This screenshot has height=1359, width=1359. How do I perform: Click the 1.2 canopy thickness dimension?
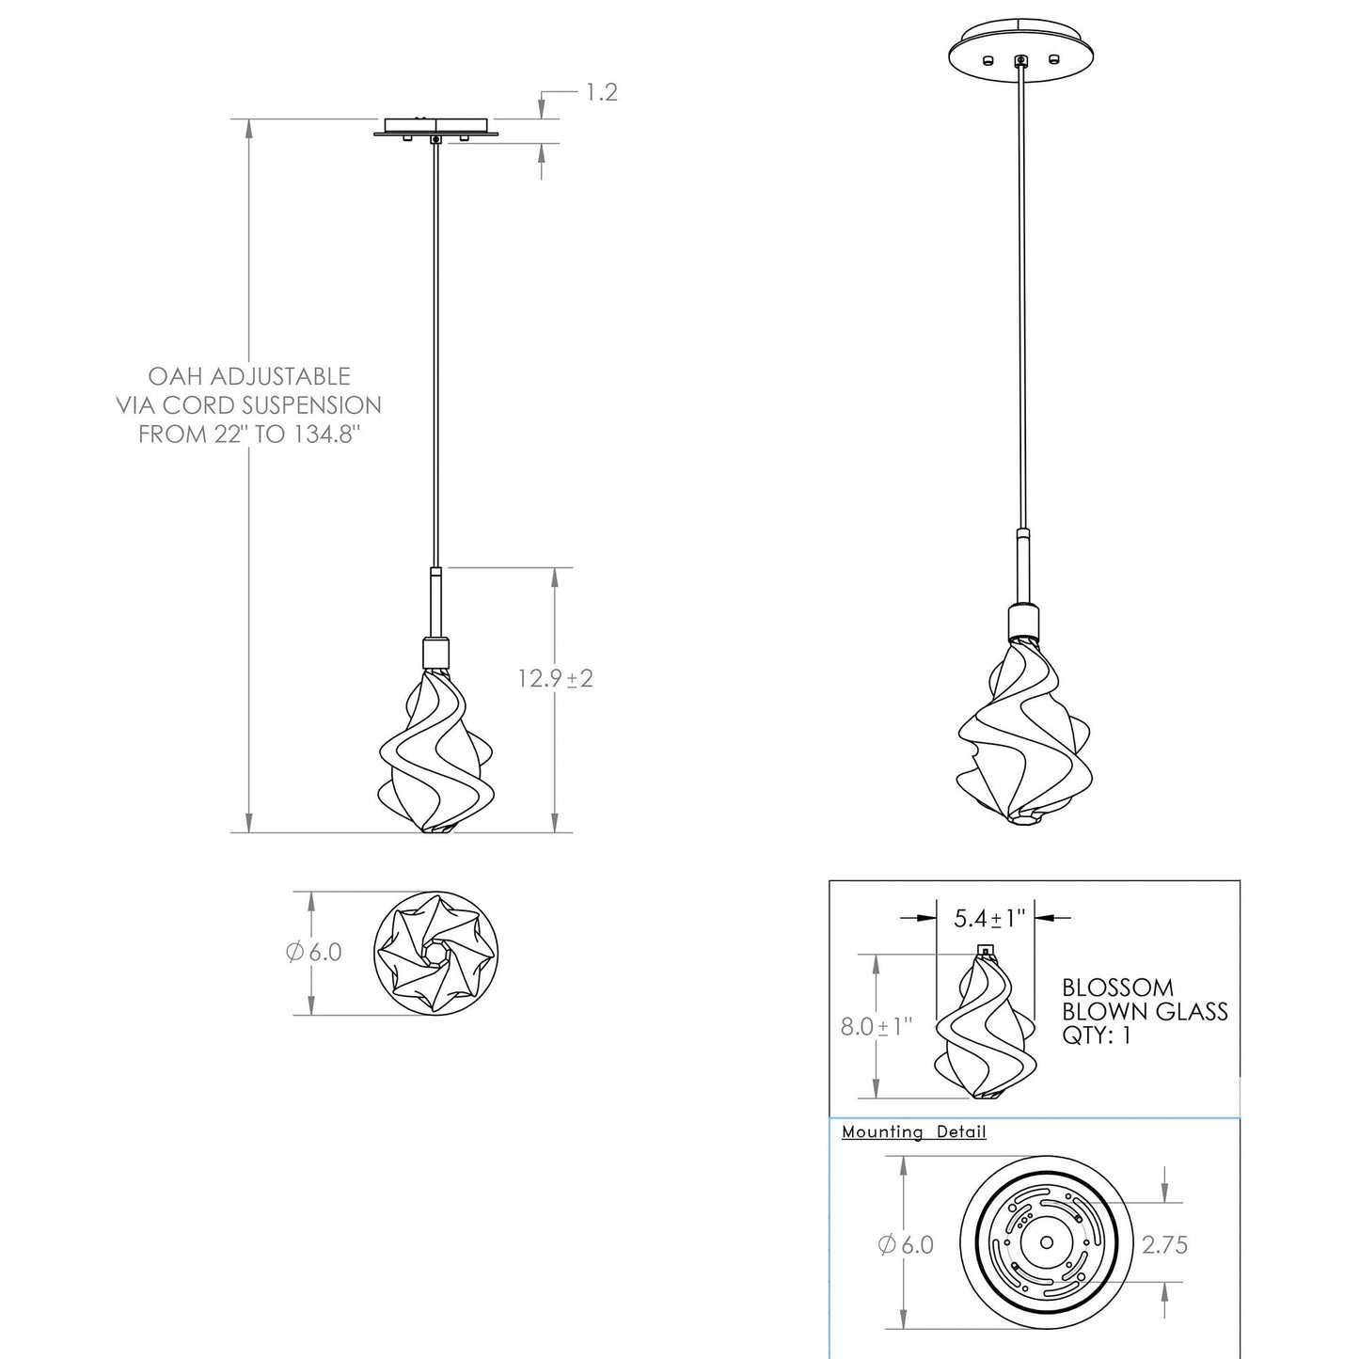click(602, 92)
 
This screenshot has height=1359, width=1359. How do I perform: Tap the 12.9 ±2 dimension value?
click(555, 678)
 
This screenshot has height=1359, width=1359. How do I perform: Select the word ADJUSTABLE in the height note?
click(280, 376)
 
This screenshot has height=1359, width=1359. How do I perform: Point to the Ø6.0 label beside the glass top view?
click(314, 952)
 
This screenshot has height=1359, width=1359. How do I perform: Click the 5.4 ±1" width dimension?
click(988, 918)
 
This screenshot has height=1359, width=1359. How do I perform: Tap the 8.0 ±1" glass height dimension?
click(876, 1026)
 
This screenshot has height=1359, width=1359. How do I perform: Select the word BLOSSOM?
click(1118, 988)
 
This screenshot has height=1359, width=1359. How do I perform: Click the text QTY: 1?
click(1097, 1036)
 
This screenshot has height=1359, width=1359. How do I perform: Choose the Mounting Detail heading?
click(914, 1132)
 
